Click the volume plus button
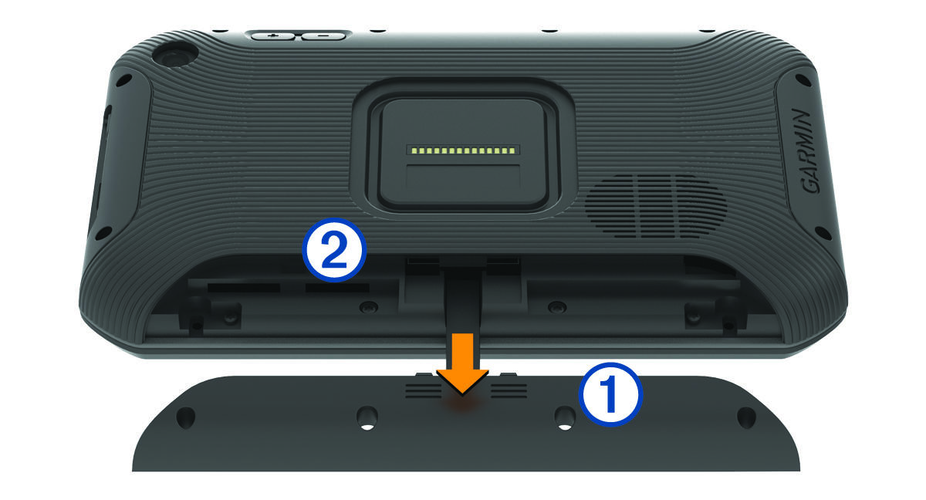click(x=272, y=36)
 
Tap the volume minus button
click(x=323, y=36)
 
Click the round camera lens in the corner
click(x=173, y=57)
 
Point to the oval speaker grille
click(x=656, y=206)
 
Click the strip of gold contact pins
click(x=463, y=150)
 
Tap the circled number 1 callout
click(x=610, y=394)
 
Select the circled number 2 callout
click(x=334, y=250)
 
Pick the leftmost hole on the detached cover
click(x=186, y=417)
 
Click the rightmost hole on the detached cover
click(x=747, y=417)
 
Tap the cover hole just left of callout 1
click(x=565, y=418)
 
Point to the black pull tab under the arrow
click(x=463, y=302)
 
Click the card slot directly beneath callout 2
click(x=337, y=288)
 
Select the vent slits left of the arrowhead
click(x=424, y=390)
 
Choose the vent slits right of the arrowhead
click(x=509, y=390)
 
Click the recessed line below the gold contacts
click(x=464, y=165)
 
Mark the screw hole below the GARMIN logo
click(x=820, y=231)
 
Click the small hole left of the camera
click(x=124, y=79)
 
